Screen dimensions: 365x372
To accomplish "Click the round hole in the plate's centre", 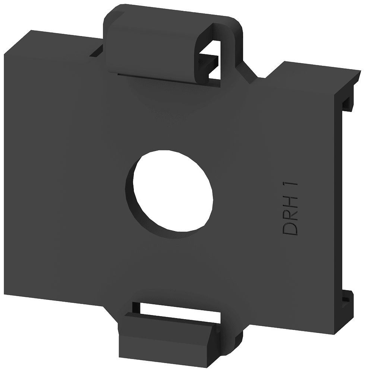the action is coord(173,191).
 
